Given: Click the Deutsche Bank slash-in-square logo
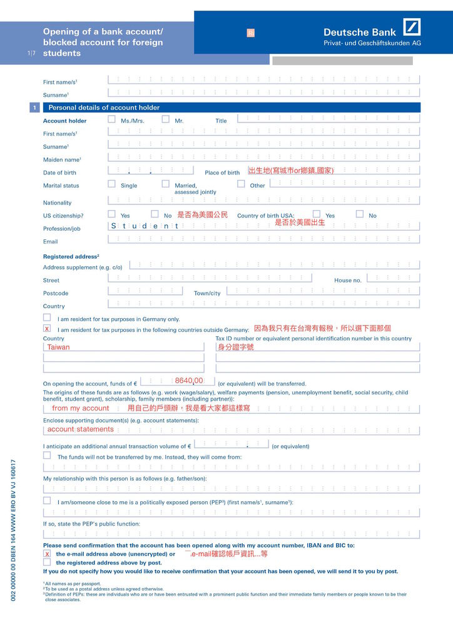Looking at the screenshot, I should pos(412,27).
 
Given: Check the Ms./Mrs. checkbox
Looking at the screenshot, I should pos(111,119).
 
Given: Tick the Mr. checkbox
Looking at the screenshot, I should pos(166,119).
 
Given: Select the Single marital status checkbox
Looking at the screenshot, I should pos(111,184).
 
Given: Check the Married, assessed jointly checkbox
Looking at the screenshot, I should pos(166,184).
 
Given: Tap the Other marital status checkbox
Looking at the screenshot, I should pos(241,184).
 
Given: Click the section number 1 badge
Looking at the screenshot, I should pos(35,108).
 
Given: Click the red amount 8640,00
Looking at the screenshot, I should pos(189,381).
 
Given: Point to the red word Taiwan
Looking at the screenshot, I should pos(59,347).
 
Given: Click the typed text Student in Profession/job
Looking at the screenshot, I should pos(145,226).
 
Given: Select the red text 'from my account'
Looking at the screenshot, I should pos(81,408).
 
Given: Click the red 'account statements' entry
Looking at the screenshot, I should pos(81,429).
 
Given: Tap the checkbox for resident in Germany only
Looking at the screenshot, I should pos(47,317).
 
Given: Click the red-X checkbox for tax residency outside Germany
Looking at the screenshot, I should pos(47,328).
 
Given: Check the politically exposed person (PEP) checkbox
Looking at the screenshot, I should pos(47,501).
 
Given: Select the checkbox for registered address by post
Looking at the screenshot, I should pos(47,562).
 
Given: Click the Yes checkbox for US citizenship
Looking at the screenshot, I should pos(111,214).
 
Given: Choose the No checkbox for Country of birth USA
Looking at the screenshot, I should pos(360,214).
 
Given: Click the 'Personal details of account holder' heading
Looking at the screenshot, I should pos(104,107).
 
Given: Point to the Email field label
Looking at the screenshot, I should pos(51,241).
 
